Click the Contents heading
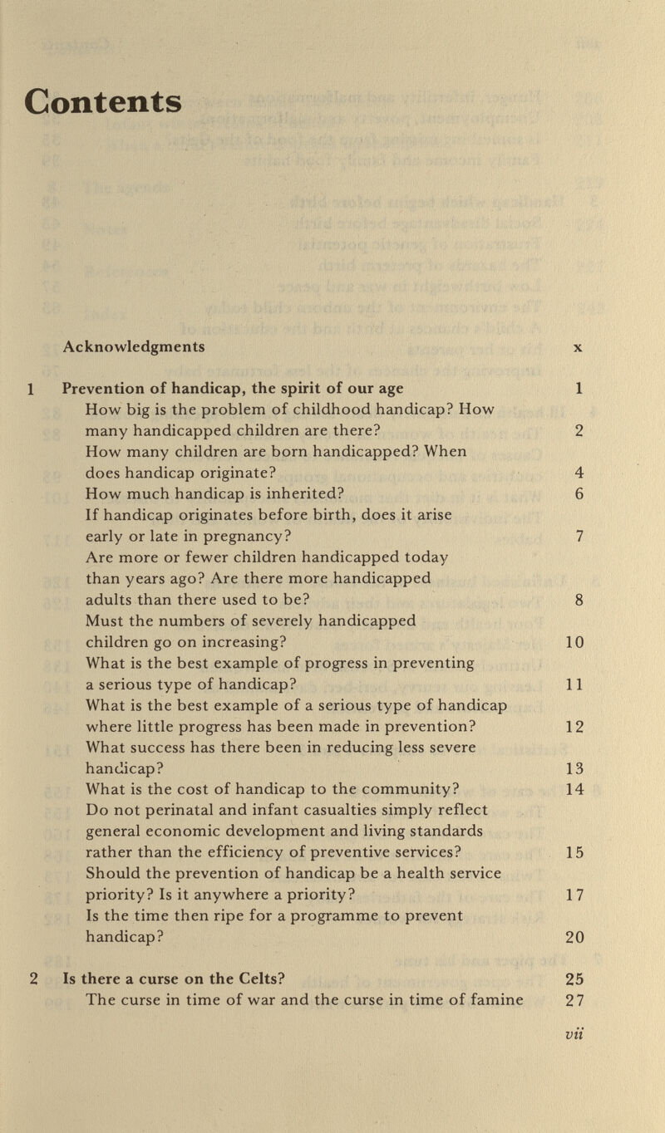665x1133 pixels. [x=103, y=102]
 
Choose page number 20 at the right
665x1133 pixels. [x=574, y=937]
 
